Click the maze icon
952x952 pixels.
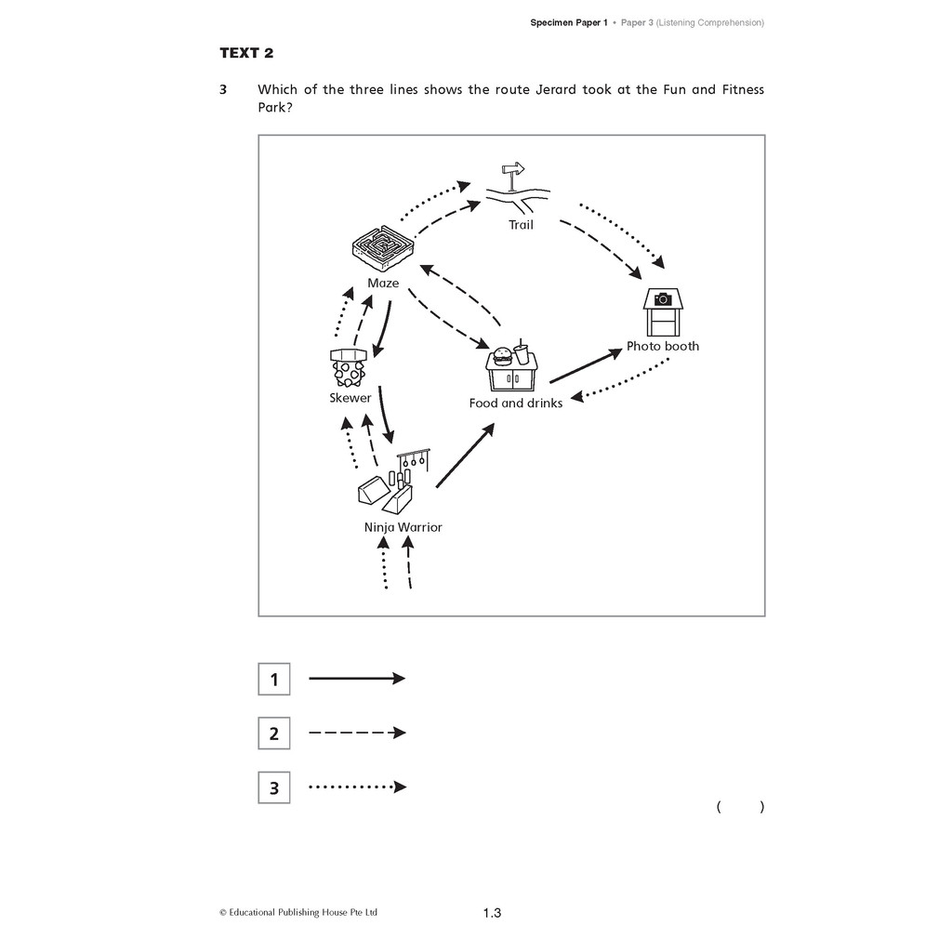(x=383, y=249)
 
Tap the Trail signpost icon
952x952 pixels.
(x=517, y=188)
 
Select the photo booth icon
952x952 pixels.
(x=662, y=312)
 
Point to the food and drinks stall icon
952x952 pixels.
(x=512, y=367)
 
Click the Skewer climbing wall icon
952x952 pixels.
(x=349, y=367)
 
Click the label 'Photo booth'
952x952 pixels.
(x=662, y=346)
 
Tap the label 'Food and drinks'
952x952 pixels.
(x=515, y=403)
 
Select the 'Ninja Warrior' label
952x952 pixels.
(x=403, y=528)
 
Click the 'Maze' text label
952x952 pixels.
(x=383, y=283)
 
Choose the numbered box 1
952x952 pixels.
(x=274, y=679)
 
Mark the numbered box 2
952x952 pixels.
(x=274, y=733)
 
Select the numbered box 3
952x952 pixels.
(x=274, y=787)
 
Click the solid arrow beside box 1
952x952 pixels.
(x=357, y=678)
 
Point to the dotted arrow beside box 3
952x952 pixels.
(x=358, y=787)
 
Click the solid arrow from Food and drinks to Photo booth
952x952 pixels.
(x=586, y=366)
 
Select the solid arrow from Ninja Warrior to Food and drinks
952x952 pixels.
(x=465, y=456)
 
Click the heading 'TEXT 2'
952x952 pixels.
(x=246, y=53)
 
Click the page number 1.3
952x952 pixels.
(x=493, y=913)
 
